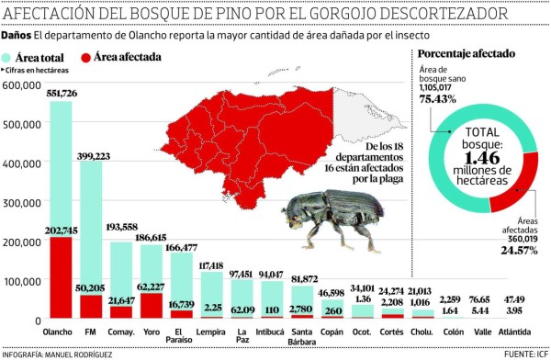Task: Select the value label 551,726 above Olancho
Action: pyautogui.click(x=61, y=94)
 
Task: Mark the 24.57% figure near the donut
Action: pyautogui.click(x=516, y=251)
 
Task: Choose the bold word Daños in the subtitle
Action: pyautogui.click(x=17, y=34)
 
